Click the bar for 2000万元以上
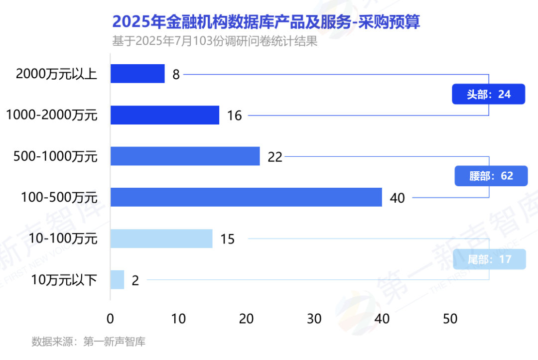coord(137,74)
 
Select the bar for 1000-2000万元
coord(164,115)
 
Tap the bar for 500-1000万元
coord(185,156)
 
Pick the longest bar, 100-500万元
coord(246,197)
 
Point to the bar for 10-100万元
coord(161,239)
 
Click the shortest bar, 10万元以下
coord(117,280)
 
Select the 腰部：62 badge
coord(491,176)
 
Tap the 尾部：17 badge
coord(490,259)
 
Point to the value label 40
coord(398,198)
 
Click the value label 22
coord(275,157)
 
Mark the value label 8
coord(176,75)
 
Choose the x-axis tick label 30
coord(314,319)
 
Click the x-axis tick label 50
coord(450,319)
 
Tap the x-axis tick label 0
coord(111,319)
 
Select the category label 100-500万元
coord(59,198)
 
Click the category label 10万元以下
coord(64,280)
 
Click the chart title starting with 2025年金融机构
coord(266,22)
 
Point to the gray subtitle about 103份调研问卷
coord(215,41)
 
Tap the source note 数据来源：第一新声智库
coord(88,342)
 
